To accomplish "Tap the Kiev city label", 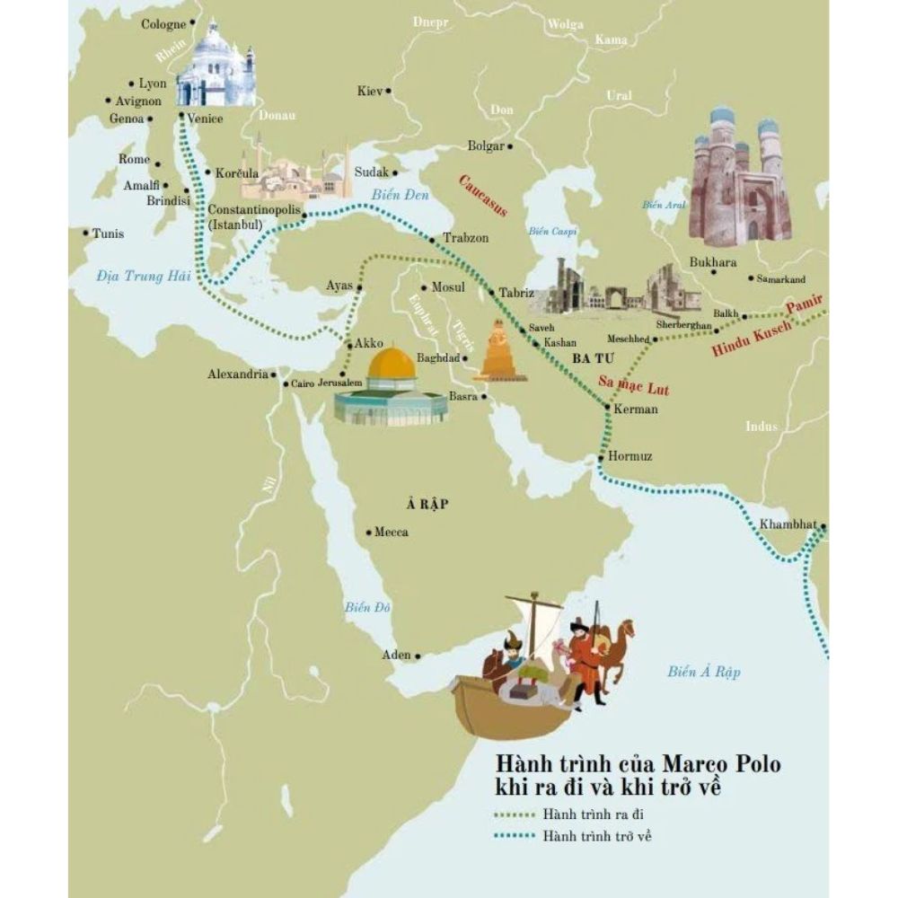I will tap(369, 91).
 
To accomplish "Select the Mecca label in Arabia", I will tap(391, 532).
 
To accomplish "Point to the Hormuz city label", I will tap(630, 457).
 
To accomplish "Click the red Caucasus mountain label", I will tap(483, 196).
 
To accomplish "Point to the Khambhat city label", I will tap(788, 524).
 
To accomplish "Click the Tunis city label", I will tap(108, 233).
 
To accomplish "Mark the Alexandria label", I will tap(237, 374).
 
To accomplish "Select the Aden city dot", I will tap(418, 655).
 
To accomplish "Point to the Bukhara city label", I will tap(712, 262).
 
